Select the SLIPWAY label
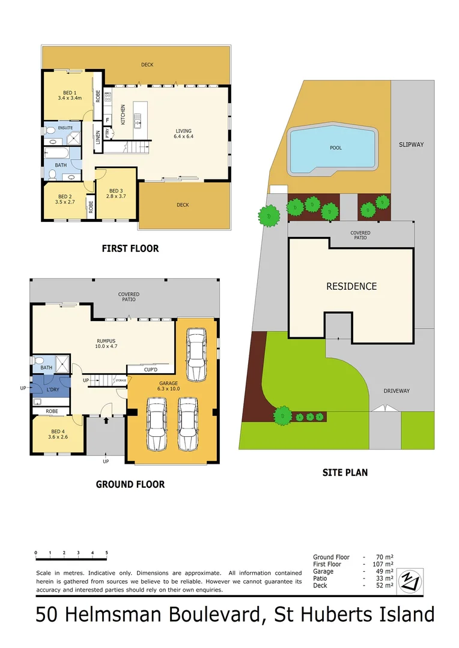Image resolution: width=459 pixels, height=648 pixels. [412, 145]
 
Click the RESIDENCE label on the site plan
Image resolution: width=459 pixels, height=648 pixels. [351, 286]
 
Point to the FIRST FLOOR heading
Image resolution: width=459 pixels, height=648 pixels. [130, 248]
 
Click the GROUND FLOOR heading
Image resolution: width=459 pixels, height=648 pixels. [130, 484]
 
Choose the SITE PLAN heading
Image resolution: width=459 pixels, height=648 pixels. [344, 472]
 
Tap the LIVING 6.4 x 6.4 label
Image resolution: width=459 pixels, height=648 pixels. [183, 134]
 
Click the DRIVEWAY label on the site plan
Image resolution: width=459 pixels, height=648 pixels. [397, 391]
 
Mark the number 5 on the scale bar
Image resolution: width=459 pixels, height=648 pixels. [107, 553]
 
